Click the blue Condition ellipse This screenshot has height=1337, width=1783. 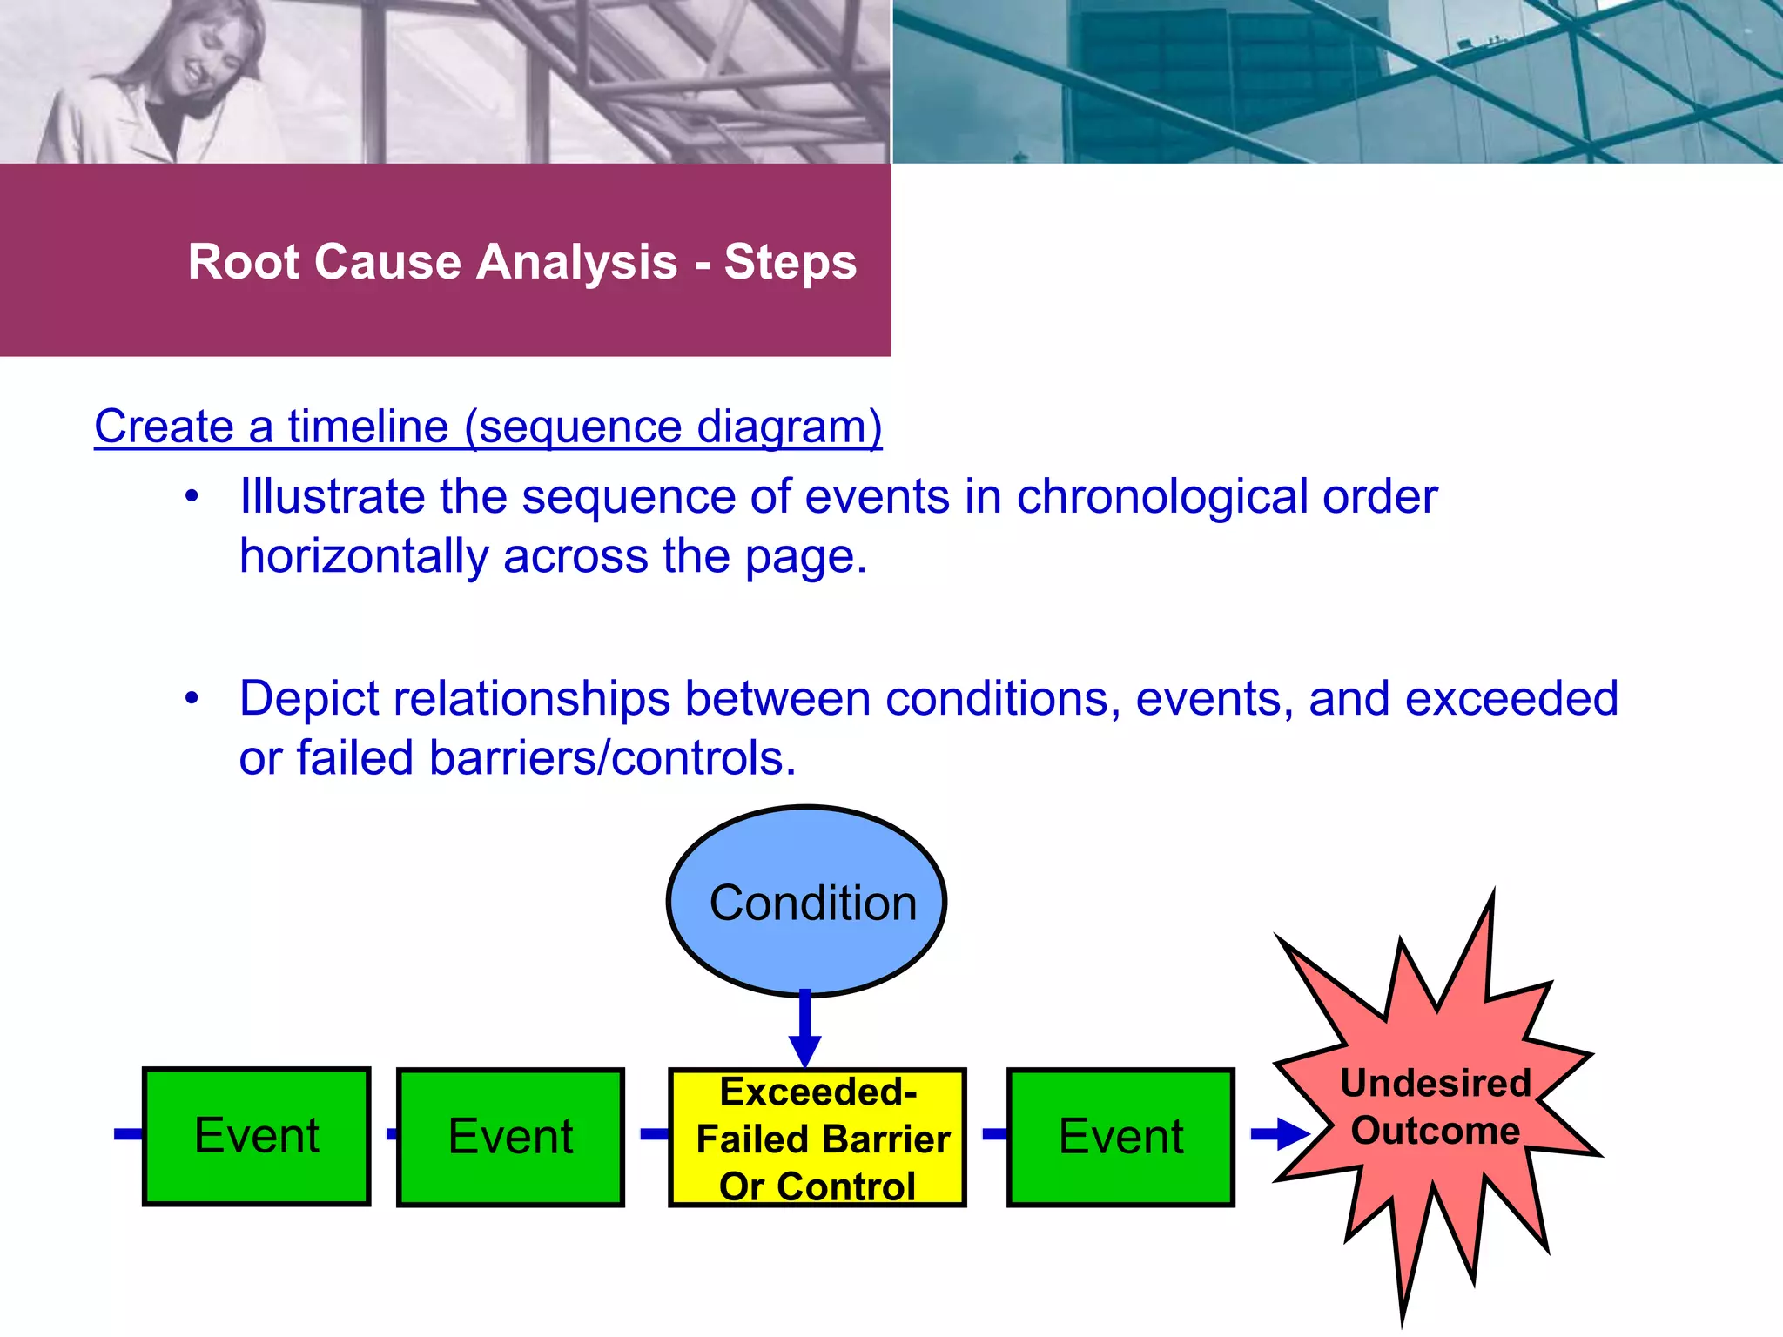(806, 901)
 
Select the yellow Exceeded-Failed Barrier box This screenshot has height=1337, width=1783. (817, 1137)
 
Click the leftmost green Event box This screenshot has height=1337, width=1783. (257, 1136)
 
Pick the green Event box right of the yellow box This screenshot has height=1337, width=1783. (1120, 1137)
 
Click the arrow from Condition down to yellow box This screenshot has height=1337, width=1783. (805, 1027)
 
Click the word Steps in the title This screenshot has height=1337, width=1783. (791, 262)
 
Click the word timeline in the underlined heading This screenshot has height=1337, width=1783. (367, 427)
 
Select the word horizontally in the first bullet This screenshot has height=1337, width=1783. (364, 556)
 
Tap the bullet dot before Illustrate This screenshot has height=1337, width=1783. (192, 497)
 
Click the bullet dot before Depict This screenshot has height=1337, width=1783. (192, 698)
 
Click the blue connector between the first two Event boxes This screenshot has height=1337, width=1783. (391, 1133)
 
